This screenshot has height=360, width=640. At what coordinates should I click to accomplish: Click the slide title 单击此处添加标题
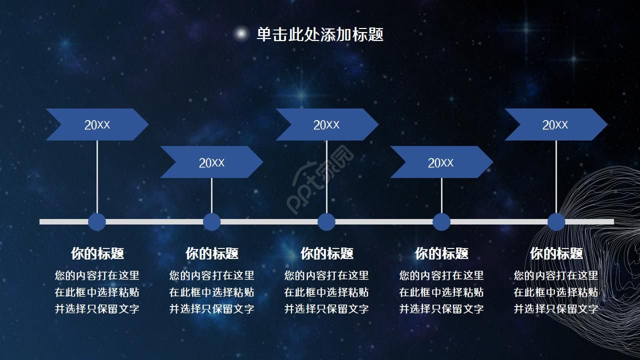(320, 34)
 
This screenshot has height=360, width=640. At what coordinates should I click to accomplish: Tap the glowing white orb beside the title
(241, 33)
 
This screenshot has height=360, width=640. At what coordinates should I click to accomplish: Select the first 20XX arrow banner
(97, 124)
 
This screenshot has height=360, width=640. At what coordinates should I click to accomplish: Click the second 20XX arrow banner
(211, 162)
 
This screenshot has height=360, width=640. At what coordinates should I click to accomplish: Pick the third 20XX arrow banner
(327, 124)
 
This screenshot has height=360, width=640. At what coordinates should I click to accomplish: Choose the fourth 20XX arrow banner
(441, 162)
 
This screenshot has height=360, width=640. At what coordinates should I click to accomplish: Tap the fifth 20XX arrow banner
(556, 124)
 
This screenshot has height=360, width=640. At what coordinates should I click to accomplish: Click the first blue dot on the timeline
(97, 221)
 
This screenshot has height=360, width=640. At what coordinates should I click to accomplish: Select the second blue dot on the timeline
(211, 221)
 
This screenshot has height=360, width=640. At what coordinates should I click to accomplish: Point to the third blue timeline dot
(326, 221)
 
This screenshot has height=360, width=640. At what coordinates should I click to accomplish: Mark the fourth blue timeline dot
(441, 221)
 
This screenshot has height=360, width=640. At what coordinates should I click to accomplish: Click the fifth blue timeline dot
(556, 221)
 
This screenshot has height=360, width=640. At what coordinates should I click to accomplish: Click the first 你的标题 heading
(97, 253)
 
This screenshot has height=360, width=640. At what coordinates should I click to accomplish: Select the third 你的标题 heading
(327, 253)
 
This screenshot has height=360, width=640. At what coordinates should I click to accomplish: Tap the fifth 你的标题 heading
(556, 253)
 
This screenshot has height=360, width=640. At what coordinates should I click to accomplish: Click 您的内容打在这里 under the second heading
(211, 275)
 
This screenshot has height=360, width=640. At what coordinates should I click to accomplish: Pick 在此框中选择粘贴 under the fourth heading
(441, 292)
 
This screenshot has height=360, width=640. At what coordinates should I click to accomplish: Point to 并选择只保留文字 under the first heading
(97, 309)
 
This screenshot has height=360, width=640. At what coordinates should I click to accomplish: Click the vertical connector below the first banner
(97, 176)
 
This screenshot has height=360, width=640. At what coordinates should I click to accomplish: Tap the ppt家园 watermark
(320, 179)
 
